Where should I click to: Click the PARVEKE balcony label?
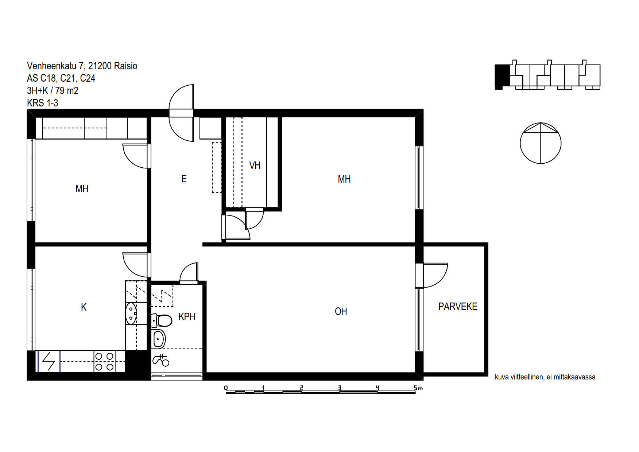tap(458, 307)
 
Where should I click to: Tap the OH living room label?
tap(341, 311)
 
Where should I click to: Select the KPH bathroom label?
tap(187, 317)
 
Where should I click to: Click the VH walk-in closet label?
tap(255, 165)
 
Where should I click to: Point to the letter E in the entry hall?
tap(184, 179)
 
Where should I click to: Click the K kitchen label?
tap(84, 307)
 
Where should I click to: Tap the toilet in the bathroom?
tap(162, 321)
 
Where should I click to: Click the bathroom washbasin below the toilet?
tap(159, 339)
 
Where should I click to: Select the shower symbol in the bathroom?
tap(161, 360)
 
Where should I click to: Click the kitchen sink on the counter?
tap(131, 314)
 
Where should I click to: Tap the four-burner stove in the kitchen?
tap(105, 361)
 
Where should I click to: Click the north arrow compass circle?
tap(541, 143)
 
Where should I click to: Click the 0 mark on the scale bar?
tap(226, 388)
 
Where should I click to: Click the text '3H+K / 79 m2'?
tap(53, 91)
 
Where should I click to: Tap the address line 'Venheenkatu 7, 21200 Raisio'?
tap(82, 66)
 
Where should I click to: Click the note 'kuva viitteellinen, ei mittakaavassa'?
tap(545, 377)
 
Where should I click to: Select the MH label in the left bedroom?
tap(82, 189)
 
